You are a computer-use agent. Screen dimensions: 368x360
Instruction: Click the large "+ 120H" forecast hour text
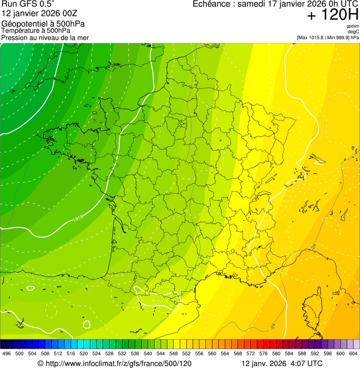tap(332, 15)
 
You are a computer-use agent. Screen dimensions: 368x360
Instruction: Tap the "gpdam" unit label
tap(353, 26)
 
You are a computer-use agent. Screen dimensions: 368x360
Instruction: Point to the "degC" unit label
tap(353, 31)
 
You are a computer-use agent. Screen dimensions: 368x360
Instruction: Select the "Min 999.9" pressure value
tap(337, 37)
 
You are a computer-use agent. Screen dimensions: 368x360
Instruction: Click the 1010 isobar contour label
tap(78, 217)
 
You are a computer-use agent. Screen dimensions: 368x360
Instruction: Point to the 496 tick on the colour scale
tap(7, 353)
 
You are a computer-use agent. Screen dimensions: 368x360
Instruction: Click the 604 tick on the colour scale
tap(353, 353)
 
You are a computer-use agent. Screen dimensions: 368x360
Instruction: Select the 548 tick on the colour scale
tap(174, 353)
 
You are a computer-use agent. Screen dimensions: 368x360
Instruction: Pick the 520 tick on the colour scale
tap(84, 353)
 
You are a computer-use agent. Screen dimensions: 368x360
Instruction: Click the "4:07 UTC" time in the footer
tap(307, 363)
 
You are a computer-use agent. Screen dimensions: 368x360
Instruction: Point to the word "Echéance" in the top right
tap(214, 4)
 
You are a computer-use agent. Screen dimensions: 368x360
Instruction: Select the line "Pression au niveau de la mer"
tap(45, 37)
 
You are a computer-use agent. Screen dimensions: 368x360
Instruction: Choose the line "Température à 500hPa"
tap(36, 31)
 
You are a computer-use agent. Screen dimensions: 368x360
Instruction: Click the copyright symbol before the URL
tap(40, 363)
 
